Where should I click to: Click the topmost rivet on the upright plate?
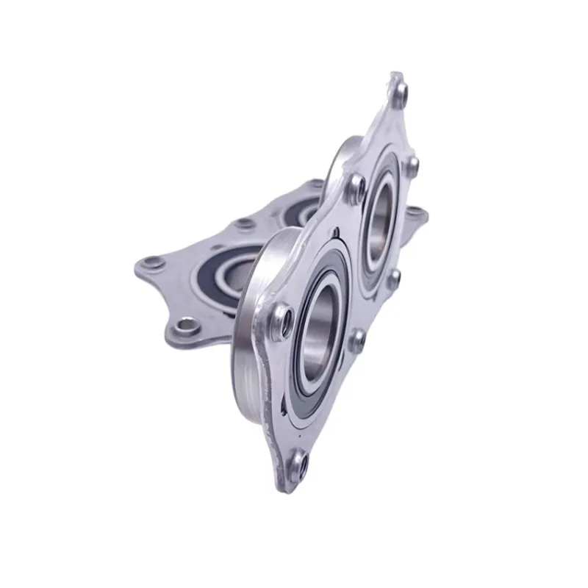click(399, 90)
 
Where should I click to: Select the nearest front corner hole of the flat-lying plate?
click(186, 324)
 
